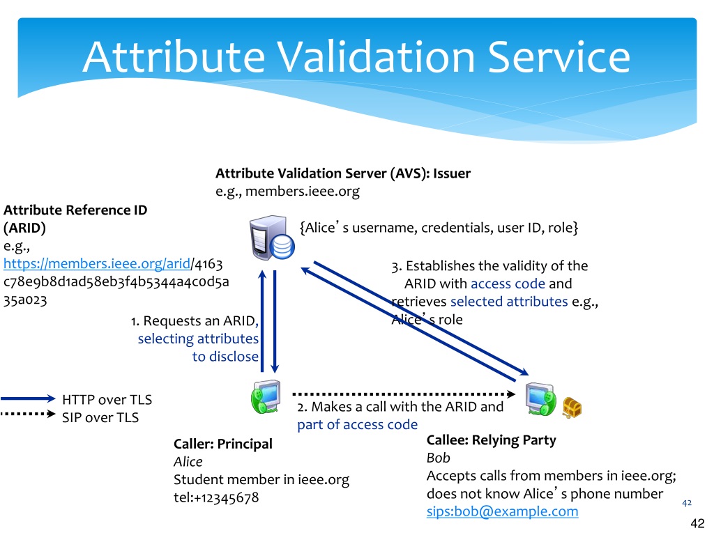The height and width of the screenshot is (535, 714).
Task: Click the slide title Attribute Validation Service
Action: [x=356, y=57]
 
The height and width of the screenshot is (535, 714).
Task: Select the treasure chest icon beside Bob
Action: [x=572, y=408]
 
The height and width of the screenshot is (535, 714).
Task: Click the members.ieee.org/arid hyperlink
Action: [x=96, y=264]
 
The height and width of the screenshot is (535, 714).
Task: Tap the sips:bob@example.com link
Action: [x=502, y=512]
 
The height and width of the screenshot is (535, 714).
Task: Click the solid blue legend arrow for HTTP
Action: [x=28, y=399]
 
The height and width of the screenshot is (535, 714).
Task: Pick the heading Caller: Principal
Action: [x=222, y=444]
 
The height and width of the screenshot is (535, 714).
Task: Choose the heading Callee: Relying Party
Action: [x=491, y=440]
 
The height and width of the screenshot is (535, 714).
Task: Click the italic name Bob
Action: [x=438, y=458]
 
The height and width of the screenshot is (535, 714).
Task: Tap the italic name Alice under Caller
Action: [x=188, y=462]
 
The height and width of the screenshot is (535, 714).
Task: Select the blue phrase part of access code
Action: [x=357, y=424]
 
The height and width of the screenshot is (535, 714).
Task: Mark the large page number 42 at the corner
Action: [x=697, y=524]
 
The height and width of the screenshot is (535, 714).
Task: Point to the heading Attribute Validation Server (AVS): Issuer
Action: [x=343, y=173]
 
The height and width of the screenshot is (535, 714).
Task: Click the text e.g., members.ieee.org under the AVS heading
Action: [x=287, y=191]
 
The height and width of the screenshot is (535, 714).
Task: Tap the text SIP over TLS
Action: [x=100, y=418]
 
